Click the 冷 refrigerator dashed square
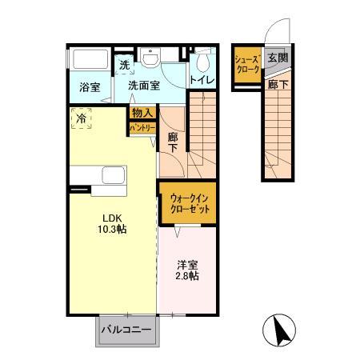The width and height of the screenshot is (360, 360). pos(81,117)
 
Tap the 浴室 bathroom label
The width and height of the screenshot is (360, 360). pos(87,86)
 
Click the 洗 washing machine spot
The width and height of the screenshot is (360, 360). pos(125,64)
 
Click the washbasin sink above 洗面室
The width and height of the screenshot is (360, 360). pos(151,58)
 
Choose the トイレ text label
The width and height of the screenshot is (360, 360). pos(202,81)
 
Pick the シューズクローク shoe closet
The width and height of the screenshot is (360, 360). pos(245,65)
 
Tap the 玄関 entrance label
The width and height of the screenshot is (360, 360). pos(278,58)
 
